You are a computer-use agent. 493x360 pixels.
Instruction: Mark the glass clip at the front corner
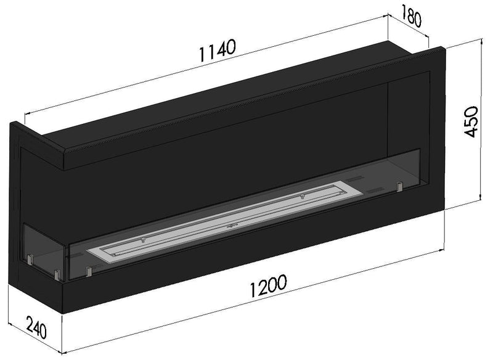click(x=56, y=273)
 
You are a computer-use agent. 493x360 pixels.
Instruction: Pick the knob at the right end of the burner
click(x=303, y=197)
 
